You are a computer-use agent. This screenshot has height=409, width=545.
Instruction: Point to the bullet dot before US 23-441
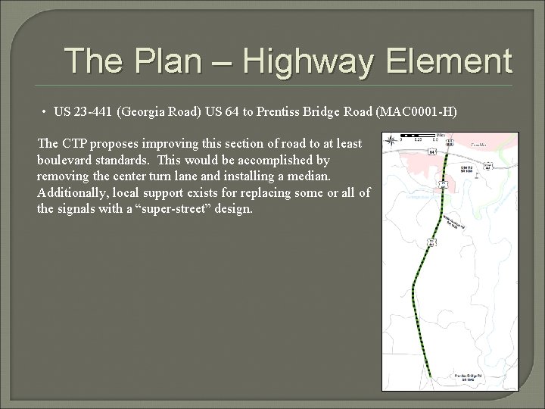(x=45, y=112)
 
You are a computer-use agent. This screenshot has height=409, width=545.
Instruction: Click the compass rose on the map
(x=390, y=140)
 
